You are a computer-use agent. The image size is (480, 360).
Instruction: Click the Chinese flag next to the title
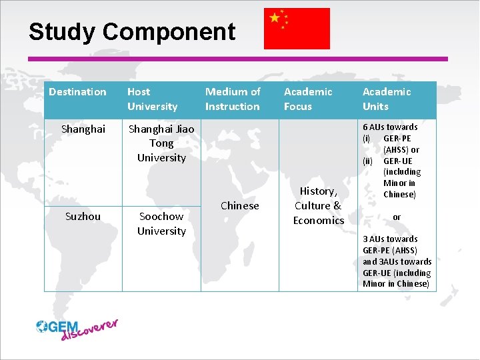[297, 29]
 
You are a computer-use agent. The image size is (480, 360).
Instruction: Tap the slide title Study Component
[132, 32]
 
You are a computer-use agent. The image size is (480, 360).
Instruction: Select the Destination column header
[77, 92]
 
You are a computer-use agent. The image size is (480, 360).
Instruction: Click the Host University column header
[153, 99]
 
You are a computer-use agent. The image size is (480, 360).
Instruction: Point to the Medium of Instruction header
[233, 99]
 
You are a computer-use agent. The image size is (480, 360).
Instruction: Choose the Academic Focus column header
[308, 99]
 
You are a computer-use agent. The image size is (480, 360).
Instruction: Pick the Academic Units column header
[387, 99]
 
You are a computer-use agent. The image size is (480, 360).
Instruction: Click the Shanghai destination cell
[83, 129]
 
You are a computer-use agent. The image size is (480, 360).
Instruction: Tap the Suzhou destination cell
[83, 217]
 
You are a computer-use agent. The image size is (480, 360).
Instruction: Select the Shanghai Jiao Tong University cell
[161, 143]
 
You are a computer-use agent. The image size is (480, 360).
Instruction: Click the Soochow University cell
[161, 224]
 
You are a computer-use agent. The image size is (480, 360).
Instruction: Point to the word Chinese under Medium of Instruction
[239, 205]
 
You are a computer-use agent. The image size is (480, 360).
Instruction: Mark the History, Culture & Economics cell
[319, 205]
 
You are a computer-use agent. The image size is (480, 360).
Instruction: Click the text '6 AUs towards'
[390, 127]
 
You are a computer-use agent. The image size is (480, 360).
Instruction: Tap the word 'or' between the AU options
[397, 217]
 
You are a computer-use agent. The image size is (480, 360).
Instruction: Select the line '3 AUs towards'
[390, 239]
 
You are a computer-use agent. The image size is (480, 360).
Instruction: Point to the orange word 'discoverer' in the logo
[89, 330]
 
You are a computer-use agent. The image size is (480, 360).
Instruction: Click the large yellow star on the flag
[275, 18]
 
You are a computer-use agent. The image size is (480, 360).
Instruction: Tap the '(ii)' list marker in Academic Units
[367, 161]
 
